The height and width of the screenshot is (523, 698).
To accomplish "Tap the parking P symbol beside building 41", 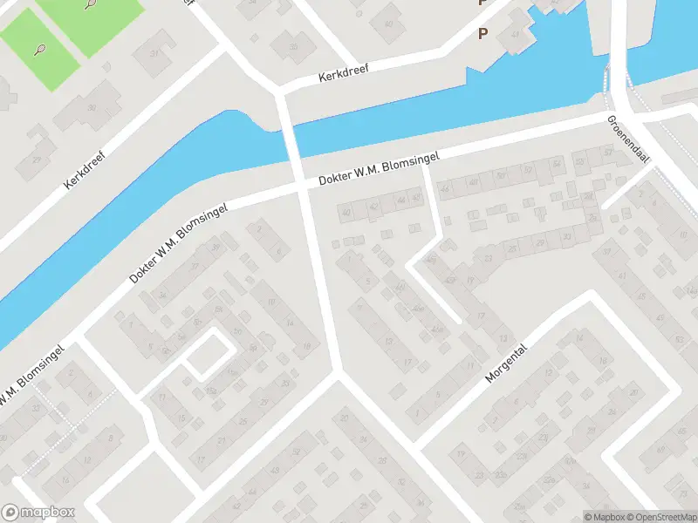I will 482,33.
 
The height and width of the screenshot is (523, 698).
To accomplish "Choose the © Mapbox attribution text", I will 604,517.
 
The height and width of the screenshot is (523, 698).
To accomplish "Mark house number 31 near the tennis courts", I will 156,54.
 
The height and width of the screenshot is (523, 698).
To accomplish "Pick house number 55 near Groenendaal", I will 579,162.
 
